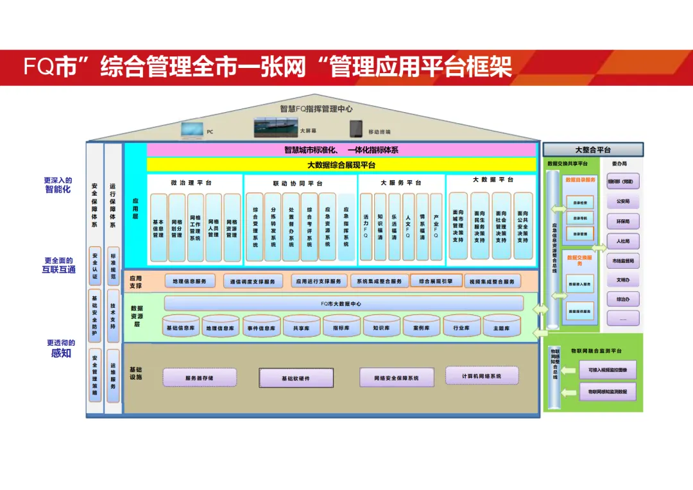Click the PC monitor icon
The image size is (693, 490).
coord(191,130)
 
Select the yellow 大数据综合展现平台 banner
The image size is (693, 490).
coord(341,165)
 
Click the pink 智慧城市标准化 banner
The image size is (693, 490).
coord(341,150)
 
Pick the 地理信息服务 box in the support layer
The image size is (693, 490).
coord(190,282)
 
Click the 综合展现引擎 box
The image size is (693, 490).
coord(436,282)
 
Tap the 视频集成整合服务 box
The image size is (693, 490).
coord(492,282)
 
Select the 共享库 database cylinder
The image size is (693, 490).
coord(302,326)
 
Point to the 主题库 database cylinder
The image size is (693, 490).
coord(501,326)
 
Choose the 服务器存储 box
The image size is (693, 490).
coord(200,378)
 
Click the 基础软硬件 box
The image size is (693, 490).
coord(296,378)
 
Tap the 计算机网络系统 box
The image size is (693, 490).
coord(482,376)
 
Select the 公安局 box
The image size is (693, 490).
coord(623,201)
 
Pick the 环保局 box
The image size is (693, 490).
coord(623,222)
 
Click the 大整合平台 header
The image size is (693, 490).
coord(593,150)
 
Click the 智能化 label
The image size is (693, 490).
coord(58,189)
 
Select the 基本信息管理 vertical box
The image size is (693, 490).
coord(158,228)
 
